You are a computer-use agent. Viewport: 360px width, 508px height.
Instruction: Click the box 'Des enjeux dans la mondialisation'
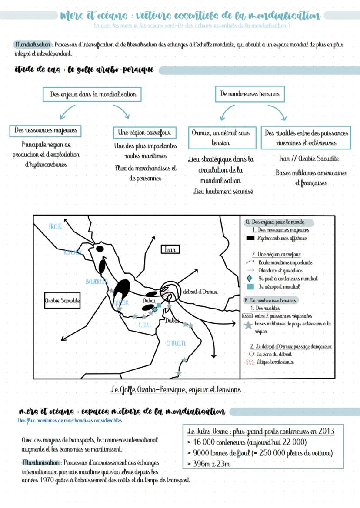(93, 94)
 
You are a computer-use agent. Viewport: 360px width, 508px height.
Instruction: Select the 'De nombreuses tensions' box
(250, 93)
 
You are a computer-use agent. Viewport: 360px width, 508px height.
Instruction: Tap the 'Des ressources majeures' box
(45, 130)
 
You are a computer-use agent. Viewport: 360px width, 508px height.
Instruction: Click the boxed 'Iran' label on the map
(170, 249)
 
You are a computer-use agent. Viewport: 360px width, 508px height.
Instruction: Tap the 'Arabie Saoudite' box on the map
(63, 300)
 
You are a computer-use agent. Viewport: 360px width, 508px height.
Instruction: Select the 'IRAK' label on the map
(55, 226)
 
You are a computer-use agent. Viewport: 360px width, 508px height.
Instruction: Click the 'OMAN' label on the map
(176, 343)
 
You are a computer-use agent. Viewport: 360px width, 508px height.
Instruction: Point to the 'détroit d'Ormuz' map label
(200, 291)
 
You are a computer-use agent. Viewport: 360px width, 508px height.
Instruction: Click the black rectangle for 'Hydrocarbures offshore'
(250, 238)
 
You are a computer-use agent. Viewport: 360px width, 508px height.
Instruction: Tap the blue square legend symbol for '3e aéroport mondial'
(250, 287)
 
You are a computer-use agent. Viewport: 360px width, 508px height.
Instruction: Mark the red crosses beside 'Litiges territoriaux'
(250, 362)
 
